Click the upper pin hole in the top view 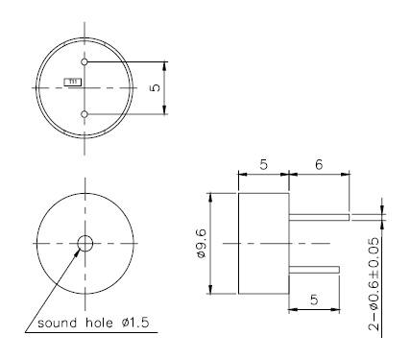(85, 61)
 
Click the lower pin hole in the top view (85, 114)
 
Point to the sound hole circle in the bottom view (85, 242)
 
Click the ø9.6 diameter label (218, 243)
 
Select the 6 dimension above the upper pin (317, 165)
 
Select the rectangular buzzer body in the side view (263, 243)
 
